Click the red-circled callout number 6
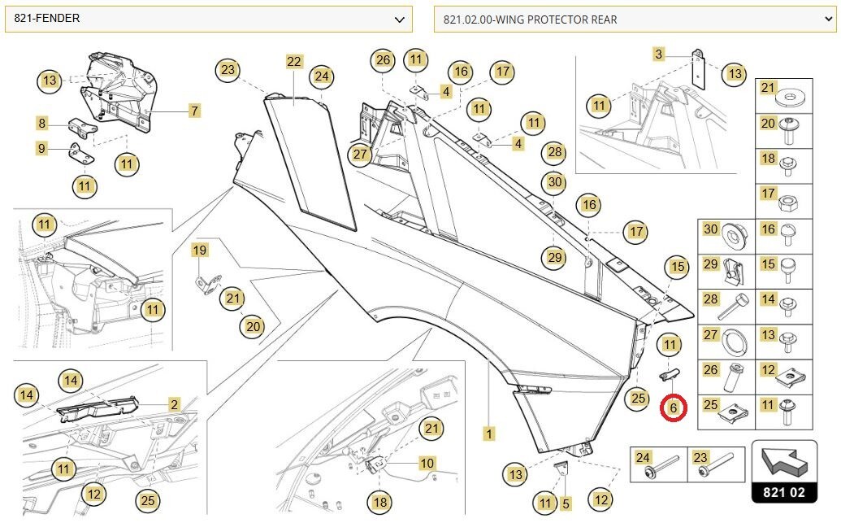[x=673, y=408]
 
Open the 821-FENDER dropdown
[x=209, y=19]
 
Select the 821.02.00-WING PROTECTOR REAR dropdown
[x=635, y=20]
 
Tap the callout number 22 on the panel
[x=294, y=62]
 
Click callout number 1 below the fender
[x=488, y=434]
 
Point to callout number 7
[x=194, y=111]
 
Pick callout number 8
[x=41, y=123]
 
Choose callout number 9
[x=41, y=148]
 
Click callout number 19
[x=200, y=251]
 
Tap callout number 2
[x=174, y=404]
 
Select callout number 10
[x=427, y=463]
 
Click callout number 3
[x=659, y=54]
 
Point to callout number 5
[x=566, y=503]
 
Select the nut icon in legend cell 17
[x=787, y=203]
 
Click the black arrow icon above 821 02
[x=784, y=462]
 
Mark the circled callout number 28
[x=555, y=152]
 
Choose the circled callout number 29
[x=555, y=258]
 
